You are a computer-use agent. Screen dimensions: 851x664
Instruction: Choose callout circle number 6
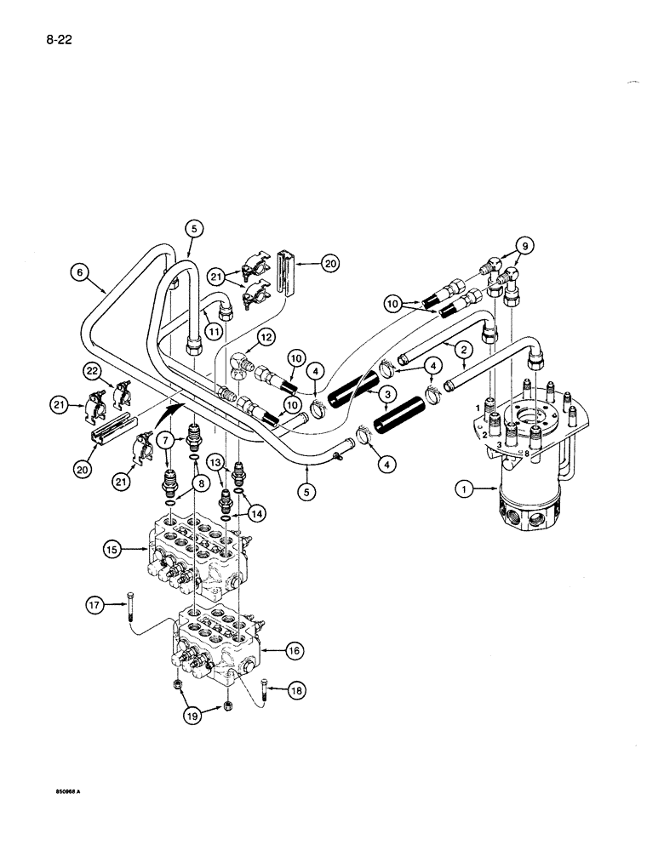(80, 273)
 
